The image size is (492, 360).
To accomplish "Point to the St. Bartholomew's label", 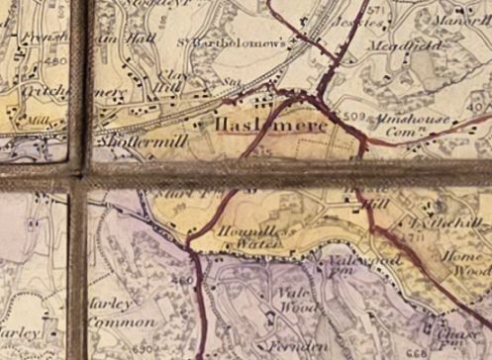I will [245, 43].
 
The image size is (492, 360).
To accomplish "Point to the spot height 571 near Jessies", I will [374, 10].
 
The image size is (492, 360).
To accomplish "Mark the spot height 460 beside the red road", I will [181, 281].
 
